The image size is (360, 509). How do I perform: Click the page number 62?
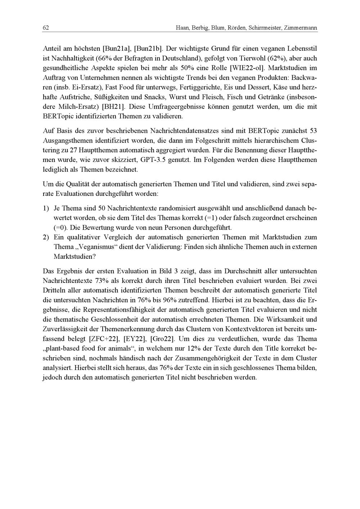(x=46, y=28)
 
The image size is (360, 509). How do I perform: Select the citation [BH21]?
(x=113, y=107)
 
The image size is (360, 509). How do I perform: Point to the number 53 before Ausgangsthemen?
(x=313, y=130)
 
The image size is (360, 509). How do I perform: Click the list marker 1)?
(x=46, y=208)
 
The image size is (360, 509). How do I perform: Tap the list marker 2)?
(x=46, y=237)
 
